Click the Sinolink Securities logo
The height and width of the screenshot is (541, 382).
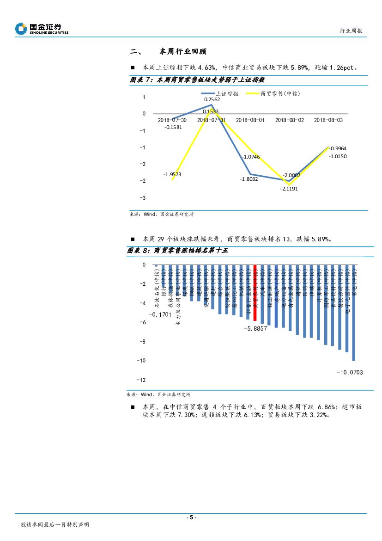click(x=42, y=29)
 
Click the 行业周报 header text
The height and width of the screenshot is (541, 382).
click(x=351, y=31)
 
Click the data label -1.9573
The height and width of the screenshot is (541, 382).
click(x=172, y=174)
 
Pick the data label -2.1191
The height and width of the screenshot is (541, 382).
click(x=289, y=189)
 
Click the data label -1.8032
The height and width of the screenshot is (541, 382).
click(x=249, y=179)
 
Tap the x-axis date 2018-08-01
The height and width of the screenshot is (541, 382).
click(x=250, y=120)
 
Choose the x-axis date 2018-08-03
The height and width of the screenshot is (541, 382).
click(x=328, y=120)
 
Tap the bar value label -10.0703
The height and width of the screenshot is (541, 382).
click(x=350, y=372)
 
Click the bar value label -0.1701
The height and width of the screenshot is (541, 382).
click(x=159, y=315)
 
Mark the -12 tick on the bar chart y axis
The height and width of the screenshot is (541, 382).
click(x=141, y=380)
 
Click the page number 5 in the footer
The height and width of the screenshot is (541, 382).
click(x=191, y=517)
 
